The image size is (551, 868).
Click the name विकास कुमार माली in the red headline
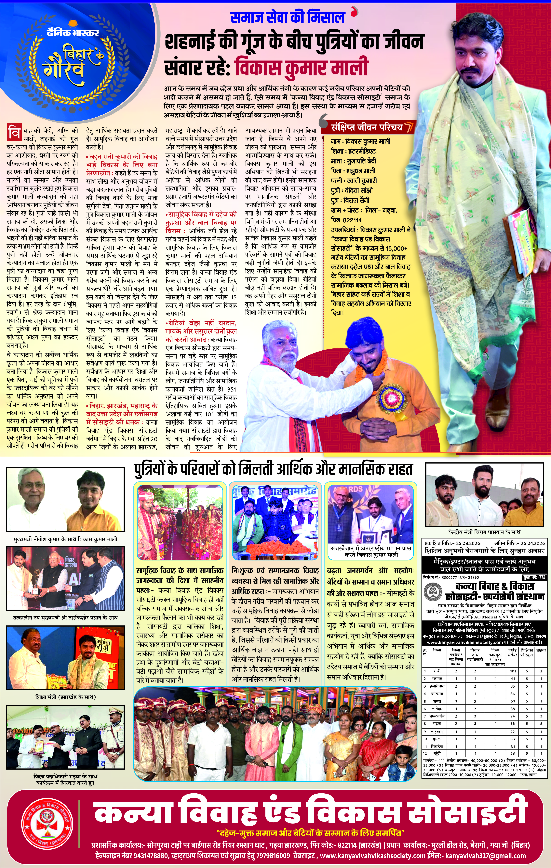pos(301,67)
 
